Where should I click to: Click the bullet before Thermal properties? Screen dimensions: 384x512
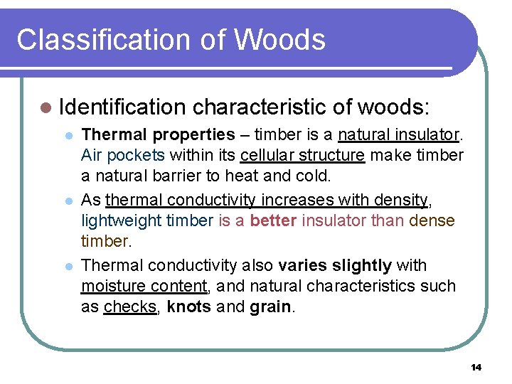pyautogui.click(x=69, y=135)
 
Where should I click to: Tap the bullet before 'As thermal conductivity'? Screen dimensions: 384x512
pyautogui.click(x=69, y=201)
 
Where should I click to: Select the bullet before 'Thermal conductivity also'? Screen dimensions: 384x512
pyautogui.click(x=69, y=267)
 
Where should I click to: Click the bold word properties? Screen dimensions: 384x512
pyautogui.click(x=193, y=134)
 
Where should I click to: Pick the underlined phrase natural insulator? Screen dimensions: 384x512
pyautogui.click(x=400, y=134)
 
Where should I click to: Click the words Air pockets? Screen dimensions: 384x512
pyautogui.click(x=123, y=156)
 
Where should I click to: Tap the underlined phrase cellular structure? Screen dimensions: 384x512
pyautogui.click(x=302, y=156)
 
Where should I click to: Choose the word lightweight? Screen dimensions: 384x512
pyautogui.click(x=122, y=221)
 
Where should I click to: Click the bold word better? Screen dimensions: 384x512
pyautogui.click(x=274, y=221)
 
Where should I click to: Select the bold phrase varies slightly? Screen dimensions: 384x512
pyautogui.click(x=335, y=265)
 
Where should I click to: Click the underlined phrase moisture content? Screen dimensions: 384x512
pyautogui.click(x=144, y=287)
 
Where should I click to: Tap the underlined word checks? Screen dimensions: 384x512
pyautogui.click(x=131, y=307)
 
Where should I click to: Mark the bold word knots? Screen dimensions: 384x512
pyautogui.click(x=188, y=307)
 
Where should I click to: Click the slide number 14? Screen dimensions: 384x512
pyautogui.click(x=476, y=367)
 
